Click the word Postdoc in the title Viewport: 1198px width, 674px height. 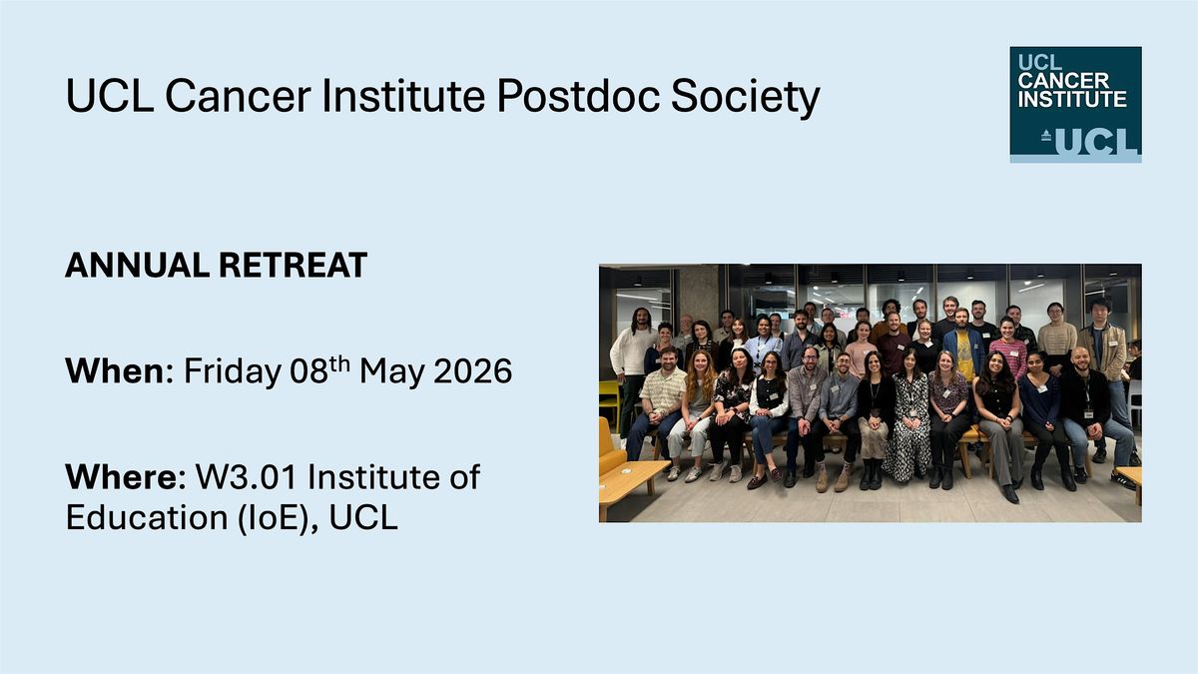pos(578,96)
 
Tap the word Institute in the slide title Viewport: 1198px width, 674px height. pos(403,96)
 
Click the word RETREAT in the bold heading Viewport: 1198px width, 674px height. pos(294,266)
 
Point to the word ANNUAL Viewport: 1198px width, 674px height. pos(137,266)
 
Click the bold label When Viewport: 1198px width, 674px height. pos(115,370)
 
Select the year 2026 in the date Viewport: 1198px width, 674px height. pos(473,371)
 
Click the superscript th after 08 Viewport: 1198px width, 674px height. pos(340,363)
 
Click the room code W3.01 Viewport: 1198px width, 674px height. pos(246,477)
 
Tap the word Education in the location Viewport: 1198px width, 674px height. pos(147,518)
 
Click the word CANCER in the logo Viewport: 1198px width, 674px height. pos(1064,81)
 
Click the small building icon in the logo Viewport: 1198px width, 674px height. pos(1046,136)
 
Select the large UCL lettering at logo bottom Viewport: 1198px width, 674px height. pos(1096,141)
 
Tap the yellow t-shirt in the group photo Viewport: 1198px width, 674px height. pos(965,353)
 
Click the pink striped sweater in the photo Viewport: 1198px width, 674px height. pos(1009,357)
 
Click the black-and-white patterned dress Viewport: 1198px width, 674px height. pos(908,428)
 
